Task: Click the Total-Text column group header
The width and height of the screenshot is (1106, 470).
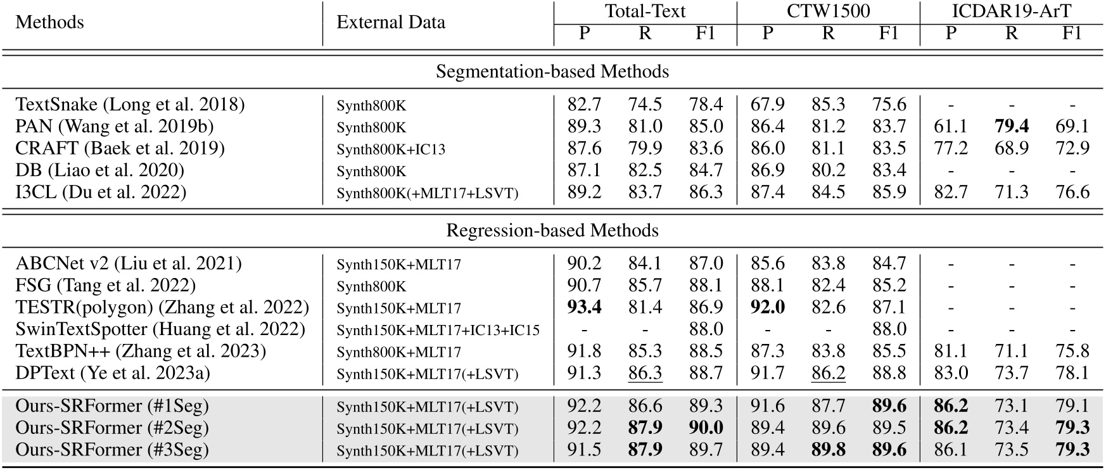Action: click(x=645, y=11)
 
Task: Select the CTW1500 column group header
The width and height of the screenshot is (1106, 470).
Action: click(x=828, y=11)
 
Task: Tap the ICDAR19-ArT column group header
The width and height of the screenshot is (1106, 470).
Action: click(x=1011, y=11)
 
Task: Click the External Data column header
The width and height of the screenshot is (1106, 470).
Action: click(x=391, y=22)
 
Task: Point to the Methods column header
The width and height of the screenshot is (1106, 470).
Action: click(x=49, y=22)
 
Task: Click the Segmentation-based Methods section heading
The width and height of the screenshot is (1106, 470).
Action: click(x=552, y=71)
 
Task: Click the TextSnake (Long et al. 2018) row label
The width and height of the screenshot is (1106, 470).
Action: click(x=130, y=105)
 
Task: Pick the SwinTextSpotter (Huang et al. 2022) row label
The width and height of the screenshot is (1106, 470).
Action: click(x=160, y=329)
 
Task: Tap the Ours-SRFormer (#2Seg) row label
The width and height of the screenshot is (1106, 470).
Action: click(x=112, y=428)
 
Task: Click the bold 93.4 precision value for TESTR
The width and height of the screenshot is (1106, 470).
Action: click(x=584, y=308)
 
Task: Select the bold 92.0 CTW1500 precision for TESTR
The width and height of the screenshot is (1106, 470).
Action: click(x=767, y=308)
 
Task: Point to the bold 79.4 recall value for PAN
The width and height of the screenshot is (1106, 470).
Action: click(x=1011, y=127)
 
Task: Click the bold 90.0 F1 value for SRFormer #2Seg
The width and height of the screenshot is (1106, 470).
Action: click(x=705, y=428)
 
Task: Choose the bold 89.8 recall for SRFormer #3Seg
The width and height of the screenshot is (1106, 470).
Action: click(x=828, y=450)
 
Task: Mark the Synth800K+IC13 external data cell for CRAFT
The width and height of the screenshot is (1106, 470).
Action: click(x=391, y=149)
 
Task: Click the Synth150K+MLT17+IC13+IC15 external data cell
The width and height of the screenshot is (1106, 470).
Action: click(x=438, y=330)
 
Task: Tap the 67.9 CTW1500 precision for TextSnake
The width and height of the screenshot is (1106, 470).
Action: click(x=767, y=105)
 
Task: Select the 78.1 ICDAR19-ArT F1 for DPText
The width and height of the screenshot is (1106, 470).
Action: click(x=1072, y=373)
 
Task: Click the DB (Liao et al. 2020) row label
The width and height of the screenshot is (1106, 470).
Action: click(x=99, y=170)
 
